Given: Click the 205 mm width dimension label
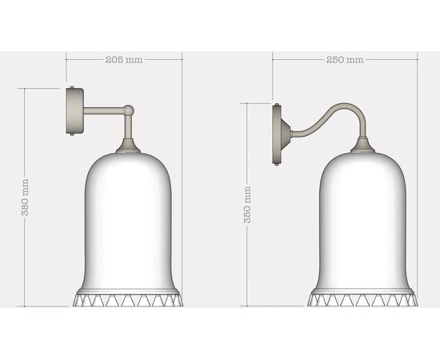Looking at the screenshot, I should click(x=124, y=60).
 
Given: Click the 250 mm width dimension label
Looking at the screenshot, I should click(x=345, y=60).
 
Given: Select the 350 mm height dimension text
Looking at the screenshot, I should click(x=247, y=204).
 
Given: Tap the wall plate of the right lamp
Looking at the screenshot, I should click(x=280, y=134).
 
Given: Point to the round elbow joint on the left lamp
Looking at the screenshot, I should click(x=128, y=110).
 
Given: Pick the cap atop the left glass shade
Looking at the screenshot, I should click(x=128, y=147).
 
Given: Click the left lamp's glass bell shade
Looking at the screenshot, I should click(x=128, y=224).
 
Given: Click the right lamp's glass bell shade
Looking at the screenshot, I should click(x=363, y=224).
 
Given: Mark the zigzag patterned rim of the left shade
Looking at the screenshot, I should click(x=128, y=301).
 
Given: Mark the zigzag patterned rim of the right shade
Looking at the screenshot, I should click(x=363, y=301).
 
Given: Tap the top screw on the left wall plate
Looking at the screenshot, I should click(x=72, y=89).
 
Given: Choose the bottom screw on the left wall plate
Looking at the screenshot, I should click(x=72, y=134).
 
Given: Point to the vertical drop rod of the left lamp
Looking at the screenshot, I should click(x=128, y=128).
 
